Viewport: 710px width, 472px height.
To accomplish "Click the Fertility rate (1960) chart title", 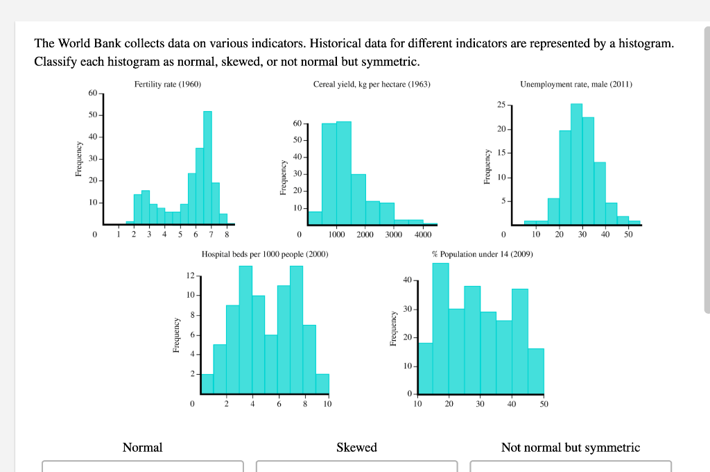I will click(x=168, y=85).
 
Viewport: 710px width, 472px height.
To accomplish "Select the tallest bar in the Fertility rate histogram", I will click(x=207, y=167).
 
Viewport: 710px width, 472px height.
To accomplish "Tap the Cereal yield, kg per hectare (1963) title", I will click(x=372, y=85).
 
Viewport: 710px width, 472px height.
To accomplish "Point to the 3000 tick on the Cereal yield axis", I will click(x=394, y=235).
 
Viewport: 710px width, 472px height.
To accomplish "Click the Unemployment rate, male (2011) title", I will click(x=576, y=85).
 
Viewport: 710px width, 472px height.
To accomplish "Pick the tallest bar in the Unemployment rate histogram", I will click(x=576, y=163).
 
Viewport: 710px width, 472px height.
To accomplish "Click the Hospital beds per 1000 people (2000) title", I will click(x=265, y=255).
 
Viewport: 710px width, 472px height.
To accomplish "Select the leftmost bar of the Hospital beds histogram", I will click(x=207, y=384).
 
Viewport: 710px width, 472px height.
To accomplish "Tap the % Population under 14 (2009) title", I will click(x=483, y=255).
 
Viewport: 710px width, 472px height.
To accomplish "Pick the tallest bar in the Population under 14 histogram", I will click(x=440, y=328).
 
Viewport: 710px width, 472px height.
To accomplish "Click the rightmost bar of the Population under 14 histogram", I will click(x=536, y=371).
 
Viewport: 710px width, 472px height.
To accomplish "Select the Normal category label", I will click(x=142, y=448).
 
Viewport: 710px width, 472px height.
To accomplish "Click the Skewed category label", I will click(x=356, y=448).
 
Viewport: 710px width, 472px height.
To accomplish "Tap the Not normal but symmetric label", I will click(x=570, y=448).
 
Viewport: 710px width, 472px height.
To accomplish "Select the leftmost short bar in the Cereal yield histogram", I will click(x=315, y=218).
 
